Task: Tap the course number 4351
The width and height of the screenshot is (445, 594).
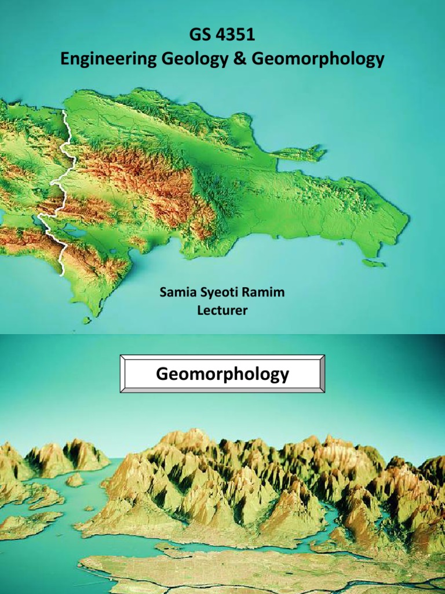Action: click(235, 37)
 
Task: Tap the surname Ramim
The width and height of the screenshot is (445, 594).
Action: click(264, 293)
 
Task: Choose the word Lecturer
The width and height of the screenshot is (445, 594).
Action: click(222, 310)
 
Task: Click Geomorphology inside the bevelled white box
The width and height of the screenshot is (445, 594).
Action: click(222, 374)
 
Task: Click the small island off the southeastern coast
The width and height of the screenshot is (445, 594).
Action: click(374, 263)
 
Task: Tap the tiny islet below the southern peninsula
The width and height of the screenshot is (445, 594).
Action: click(87, 320)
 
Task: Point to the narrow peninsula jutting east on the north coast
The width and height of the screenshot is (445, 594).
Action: click(301, 154)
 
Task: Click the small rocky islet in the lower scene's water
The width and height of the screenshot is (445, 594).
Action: click(74, 480)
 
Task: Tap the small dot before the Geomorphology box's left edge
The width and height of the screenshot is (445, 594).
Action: click(117, 374)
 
